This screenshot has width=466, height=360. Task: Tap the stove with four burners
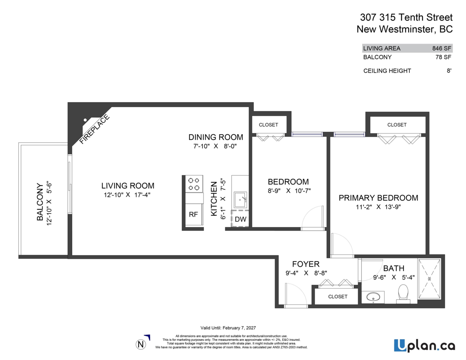coord(193,184)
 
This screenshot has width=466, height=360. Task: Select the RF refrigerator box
coord(193,215)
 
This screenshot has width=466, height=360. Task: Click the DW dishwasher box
coord(240,219)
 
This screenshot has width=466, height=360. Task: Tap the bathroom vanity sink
coord(374,297)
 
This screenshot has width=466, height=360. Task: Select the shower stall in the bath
coord(429,279)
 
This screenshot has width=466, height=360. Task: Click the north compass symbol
coord(141,343)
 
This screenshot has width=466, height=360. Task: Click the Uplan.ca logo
coord(424,345)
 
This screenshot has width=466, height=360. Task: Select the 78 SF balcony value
coord(443,57)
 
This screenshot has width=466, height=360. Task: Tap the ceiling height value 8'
coord(449,71)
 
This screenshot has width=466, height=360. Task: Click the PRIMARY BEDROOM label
coord(378,198)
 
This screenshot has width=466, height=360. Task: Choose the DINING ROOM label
coord(216,137)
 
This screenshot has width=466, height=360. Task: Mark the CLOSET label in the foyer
coord(337,296)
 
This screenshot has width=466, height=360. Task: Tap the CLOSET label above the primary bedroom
coord(397,125)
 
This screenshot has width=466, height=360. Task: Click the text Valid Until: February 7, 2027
coord(228,327)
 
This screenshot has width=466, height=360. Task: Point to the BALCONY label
coord(40,202)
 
